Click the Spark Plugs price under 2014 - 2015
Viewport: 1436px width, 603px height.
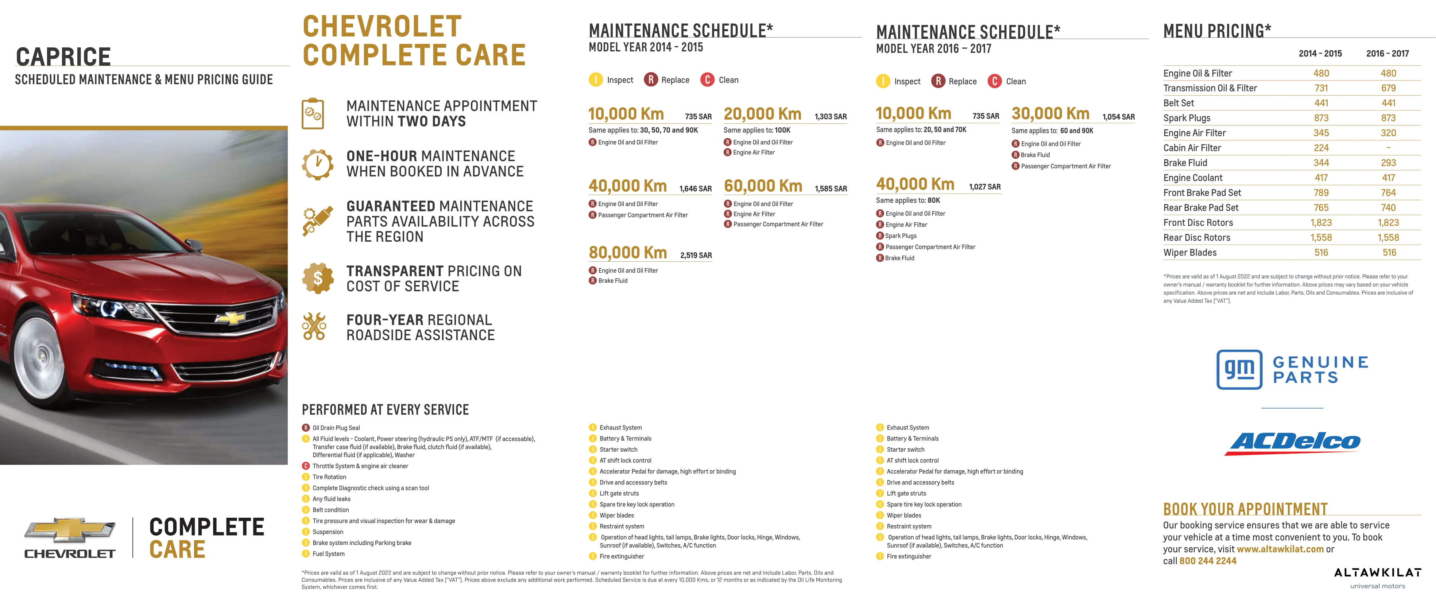click(x=1321, y=118)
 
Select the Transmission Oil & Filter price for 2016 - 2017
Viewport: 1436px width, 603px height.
click(x=1388, y=88)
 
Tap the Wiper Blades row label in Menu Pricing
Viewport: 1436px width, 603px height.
click(x=1189, y=252)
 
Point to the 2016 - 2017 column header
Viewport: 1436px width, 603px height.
click(x=1387, y=54)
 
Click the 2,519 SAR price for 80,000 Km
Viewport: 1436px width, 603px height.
click(x=696, y=255)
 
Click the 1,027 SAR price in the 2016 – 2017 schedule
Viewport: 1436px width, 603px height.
click(x=984, y=187)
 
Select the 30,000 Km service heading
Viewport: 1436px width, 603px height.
click(x=1050, y=114)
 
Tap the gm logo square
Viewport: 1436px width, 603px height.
click(x=1239, y=369)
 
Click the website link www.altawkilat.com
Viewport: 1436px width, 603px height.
click(x=1280, y=549)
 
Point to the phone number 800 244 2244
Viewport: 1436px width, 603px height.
click(x=1207, y=561)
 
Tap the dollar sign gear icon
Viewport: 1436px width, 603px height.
click(x=317, y=278)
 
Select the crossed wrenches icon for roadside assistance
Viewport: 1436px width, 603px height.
click(x=314, y=327)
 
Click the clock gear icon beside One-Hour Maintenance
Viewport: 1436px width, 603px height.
click(x=317, y=164)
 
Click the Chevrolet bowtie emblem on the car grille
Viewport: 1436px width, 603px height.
click(x=230, y=318)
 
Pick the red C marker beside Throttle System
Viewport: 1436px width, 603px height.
click(x=306, y=466)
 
